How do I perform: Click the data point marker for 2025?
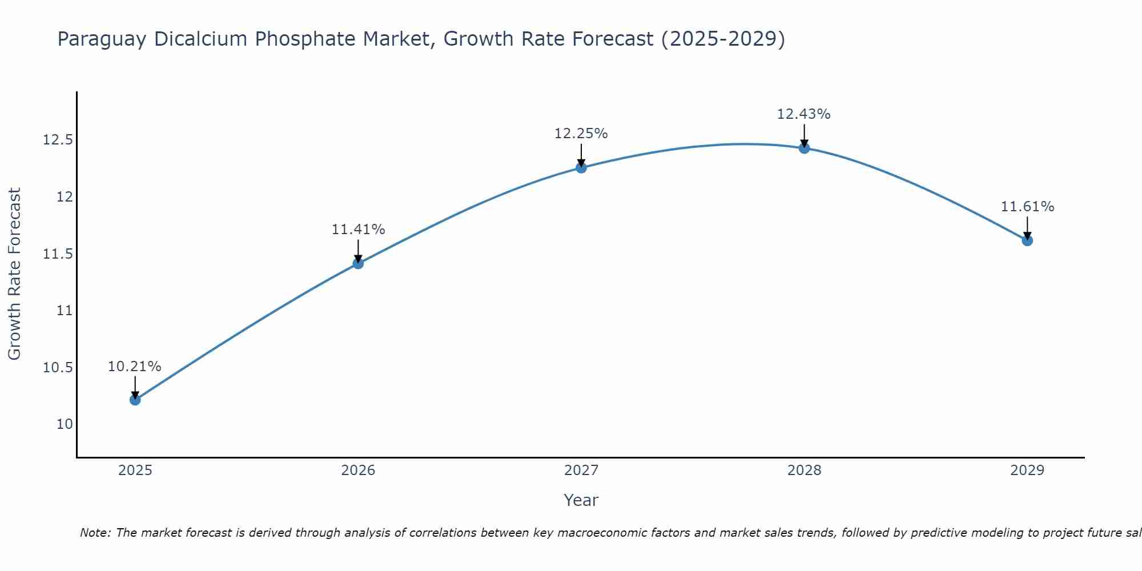tap(135, 400)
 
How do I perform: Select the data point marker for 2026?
tap(358, 263)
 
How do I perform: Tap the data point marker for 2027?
tap(581, 167)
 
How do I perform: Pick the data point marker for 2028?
tap(804, 148)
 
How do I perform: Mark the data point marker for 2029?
tap(1027, 240)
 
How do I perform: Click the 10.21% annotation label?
tap(135, 367)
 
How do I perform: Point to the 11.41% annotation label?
tap(358, 230)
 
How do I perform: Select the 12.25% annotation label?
tap(581, 134)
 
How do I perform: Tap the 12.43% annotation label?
tap(804, 114)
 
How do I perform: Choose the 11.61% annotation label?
tap(1027, 207)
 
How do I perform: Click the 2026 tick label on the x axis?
tap(358, 471)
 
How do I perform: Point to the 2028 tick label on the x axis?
tap(804, 471)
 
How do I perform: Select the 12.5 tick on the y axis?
tap(58, 140)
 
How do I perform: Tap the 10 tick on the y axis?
tap(65, 424)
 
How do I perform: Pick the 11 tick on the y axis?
tap(65, 311)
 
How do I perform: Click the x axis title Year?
tap(581, 500)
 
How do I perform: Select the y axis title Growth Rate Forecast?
tap(14, 274)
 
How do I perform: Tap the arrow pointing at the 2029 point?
tap(1027, 227)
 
